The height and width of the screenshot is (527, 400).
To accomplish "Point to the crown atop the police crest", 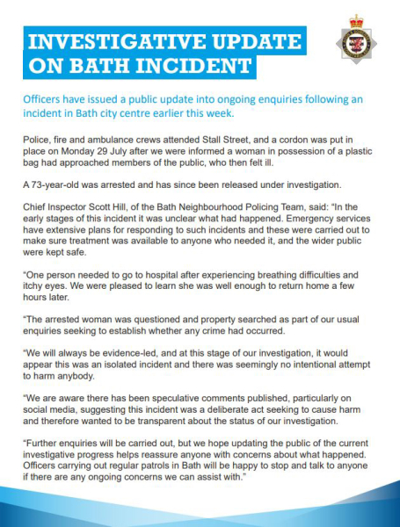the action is [357, 22].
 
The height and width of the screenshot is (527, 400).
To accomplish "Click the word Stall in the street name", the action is [210, 141].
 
